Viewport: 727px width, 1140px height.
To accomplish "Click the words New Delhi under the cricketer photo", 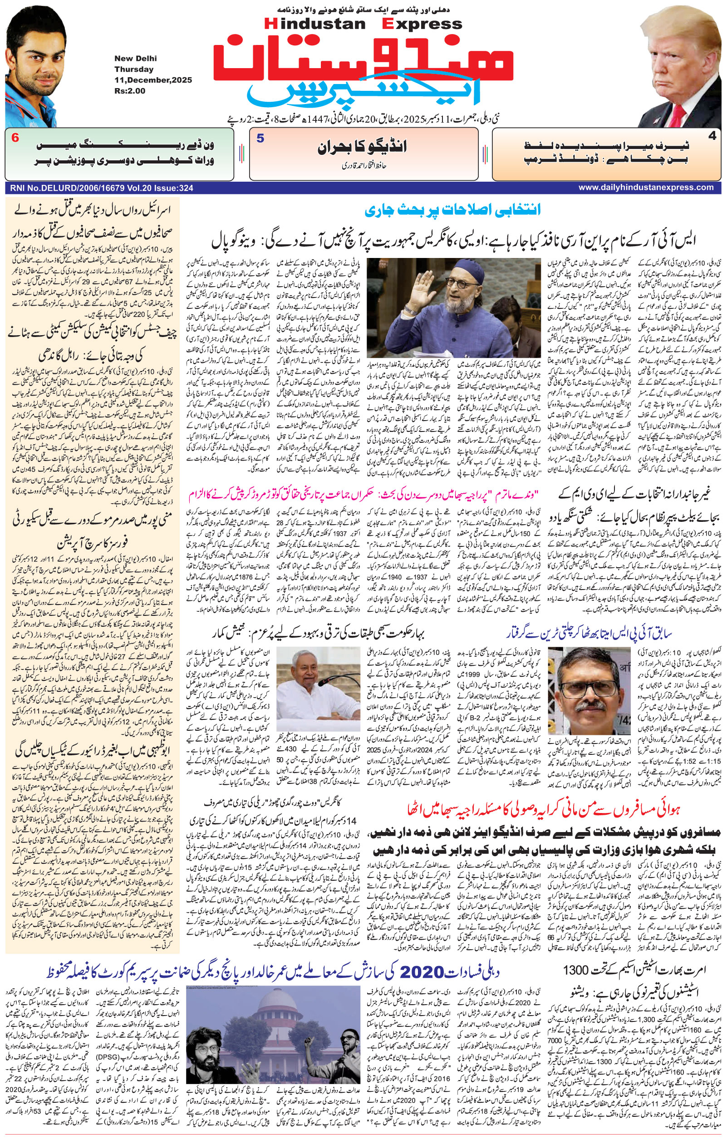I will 135,59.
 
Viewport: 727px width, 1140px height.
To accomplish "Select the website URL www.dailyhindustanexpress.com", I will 646,188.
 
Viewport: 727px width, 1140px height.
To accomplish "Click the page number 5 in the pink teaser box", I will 260,139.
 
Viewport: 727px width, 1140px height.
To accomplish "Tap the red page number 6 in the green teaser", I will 15,139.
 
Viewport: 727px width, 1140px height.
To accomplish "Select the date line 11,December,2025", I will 153,80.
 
